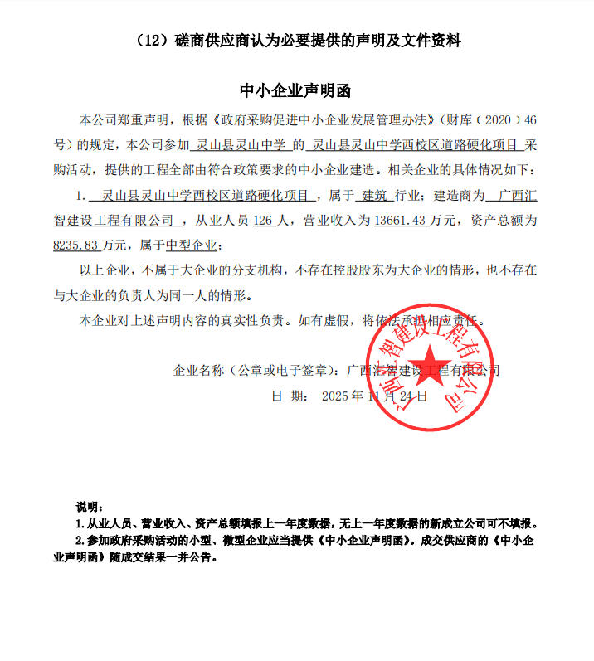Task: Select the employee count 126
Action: pos(262,221)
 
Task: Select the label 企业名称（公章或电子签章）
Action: pos(256,370)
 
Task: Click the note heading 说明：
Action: pos(89,508)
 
